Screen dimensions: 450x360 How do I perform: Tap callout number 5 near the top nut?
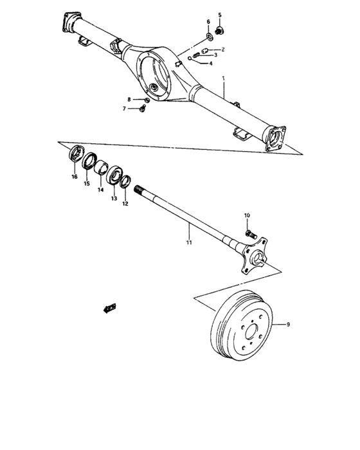coord(219,15)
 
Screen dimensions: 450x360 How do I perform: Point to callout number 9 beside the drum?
coord(288,325)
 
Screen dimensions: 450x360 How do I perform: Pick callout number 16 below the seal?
coord(75,176)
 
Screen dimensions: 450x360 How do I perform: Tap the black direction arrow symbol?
coord(109,309)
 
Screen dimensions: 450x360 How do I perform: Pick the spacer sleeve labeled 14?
coord(103,169)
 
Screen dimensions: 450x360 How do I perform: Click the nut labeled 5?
coord(220,30)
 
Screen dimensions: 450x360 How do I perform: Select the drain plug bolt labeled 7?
coord(142,110)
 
